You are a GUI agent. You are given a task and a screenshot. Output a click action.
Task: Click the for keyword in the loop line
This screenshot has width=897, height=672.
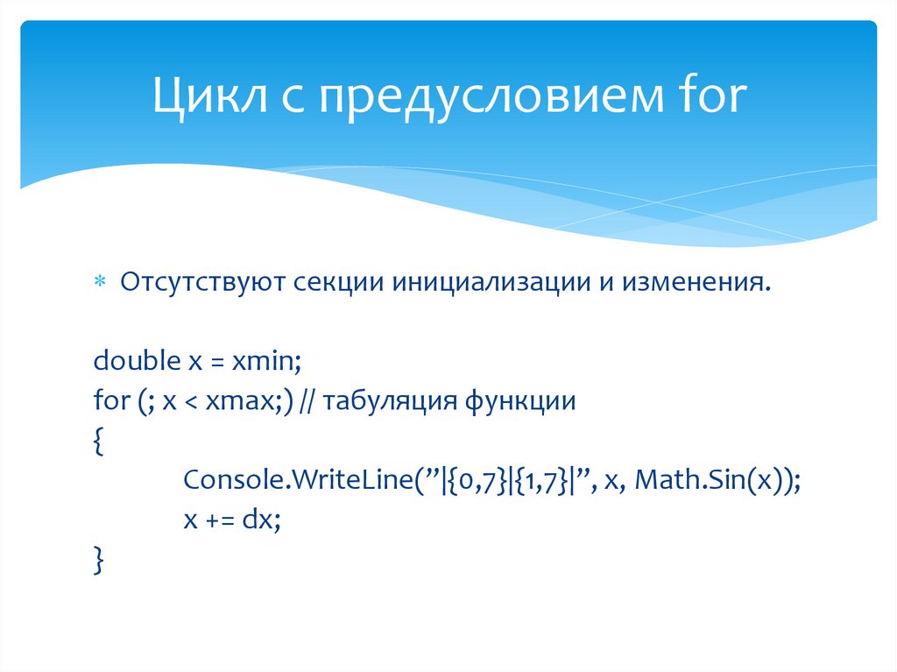110,402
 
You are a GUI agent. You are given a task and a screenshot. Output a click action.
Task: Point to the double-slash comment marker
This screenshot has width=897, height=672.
308,402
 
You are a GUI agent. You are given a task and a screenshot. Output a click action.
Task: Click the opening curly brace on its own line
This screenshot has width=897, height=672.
97,442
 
